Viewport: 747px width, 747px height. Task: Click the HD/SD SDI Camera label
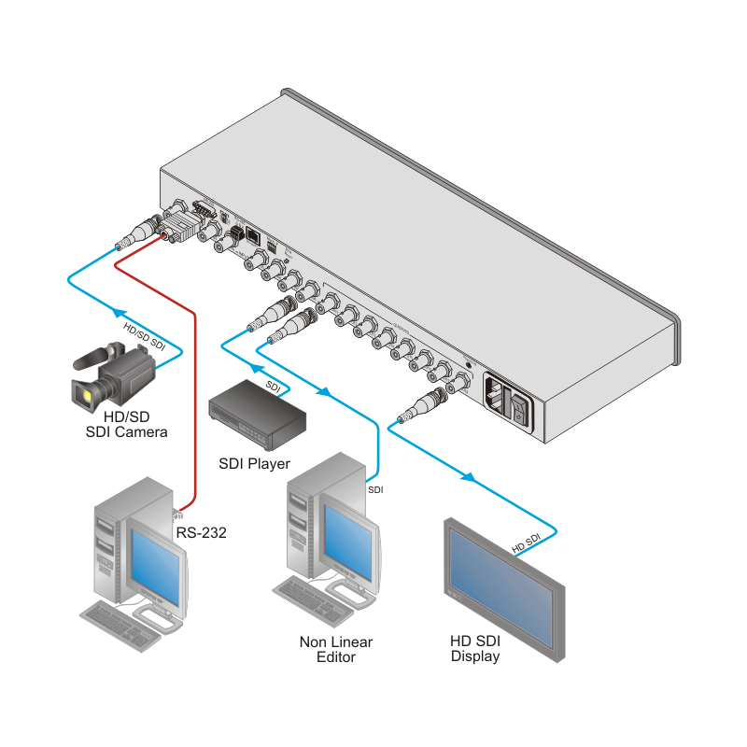point(126,424)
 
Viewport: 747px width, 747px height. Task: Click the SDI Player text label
point(254,463)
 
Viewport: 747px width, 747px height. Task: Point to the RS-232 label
point(201,533)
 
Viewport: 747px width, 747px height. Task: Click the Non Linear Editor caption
point(335,649)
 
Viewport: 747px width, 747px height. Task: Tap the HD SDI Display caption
point(475,649)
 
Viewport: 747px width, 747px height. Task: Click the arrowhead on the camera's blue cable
point(118,313)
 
